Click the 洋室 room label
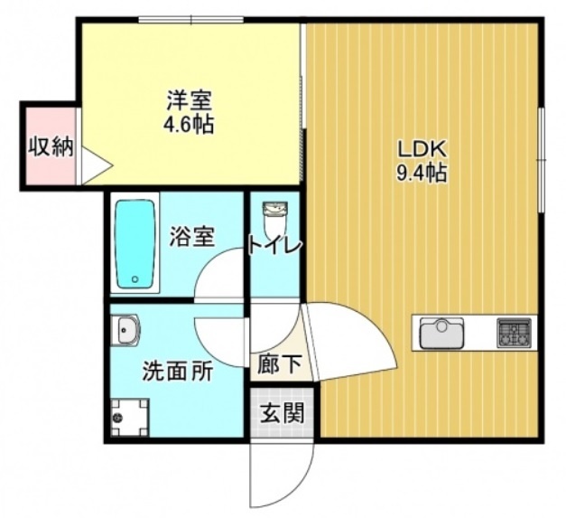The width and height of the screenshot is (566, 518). pos(189,98)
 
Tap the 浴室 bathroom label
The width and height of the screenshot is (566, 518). pos(192,238)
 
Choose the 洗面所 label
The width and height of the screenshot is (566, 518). pos(176,371)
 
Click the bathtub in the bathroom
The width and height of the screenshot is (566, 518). pos(135,244)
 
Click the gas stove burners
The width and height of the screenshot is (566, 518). pos(514,334)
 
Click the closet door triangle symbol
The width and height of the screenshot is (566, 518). pos(95,166)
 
